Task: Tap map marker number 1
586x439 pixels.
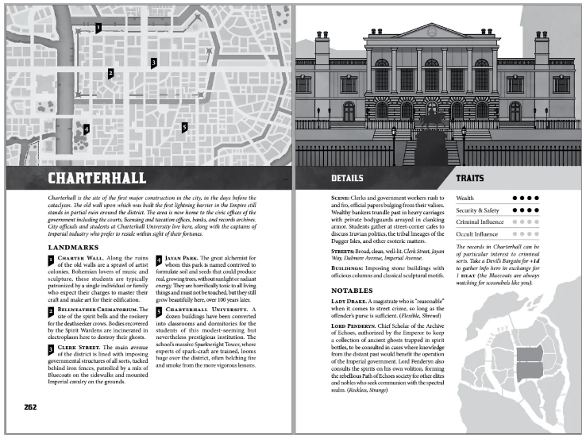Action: [x=98, y=28]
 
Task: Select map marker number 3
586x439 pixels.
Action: [x=153, y=62]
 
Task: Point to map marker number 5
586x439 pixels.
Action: [x=183, y=126]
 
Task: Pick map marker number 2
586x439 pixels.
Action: [x=110, y=73]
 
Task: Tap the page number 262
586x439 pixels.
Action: [x=30, y=407]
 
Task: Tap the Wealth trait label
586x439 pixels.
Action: [x=465, y=198]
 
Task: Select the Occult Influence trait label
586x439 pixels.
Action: [x=478, y=234]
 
